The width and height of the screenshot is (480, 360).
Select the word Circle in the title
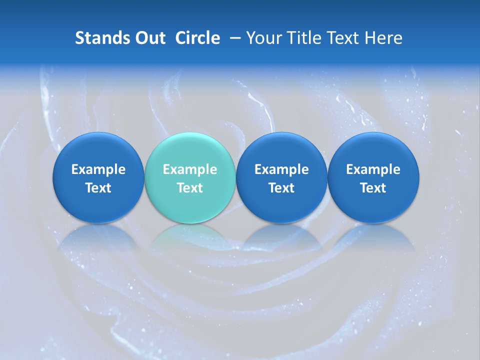197,38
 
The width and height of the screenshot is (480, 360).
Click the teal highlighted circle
189,177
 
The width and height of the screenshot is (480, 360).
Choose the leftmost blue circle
98,177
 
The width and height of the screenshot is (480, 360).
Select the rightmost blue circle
373,177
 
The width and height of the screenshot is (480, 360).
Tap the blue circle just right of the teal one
281,177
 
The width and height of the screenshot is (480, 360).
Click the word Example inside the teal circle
190,169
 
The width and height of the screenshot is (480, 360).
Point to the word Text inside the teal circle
190,188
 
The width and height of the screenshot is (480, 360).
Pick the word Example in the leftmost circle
98,169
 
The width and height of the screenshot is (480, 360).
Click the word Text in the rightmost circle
373,188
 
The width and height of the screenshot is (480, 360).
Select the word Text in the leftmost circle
98,188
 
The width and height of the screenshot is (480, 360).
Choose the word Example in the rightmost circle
373,169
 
